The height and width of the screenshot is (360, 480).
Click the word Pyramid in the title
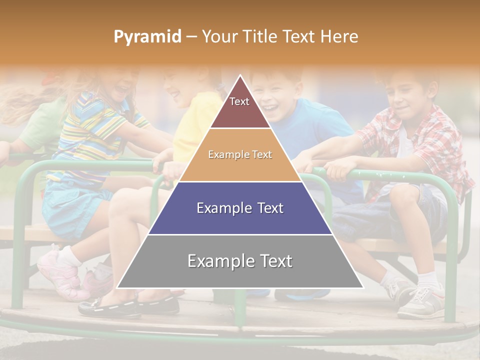click(147, 37)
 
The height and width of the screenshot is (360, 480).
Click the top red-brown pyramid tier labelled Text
click(239, 107)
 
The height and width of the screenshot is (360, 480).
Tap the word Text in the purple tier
click(267, 208)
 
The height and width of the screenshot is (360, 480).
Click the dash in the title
click(191, 37)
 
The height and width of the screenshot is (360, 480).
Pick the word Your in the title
click(219, 36)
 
